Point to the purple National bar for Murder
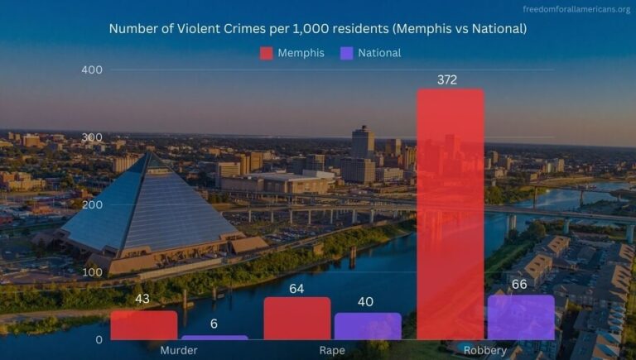(214, 337)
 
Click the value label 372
(448, 80)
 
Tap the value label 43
(142, 299)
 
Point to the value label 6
(214, 324)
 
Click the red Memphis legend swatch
(267, 53)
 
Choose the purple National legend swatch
(346, 53)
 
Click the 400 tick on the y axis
(92, 70)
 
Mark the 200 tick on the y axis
(92, 204)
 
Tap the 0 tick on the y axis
(98, 339)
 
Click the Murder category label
(179, 350)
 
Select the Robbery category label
(485, 350)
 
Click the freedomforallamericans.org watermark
(576, 9)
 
